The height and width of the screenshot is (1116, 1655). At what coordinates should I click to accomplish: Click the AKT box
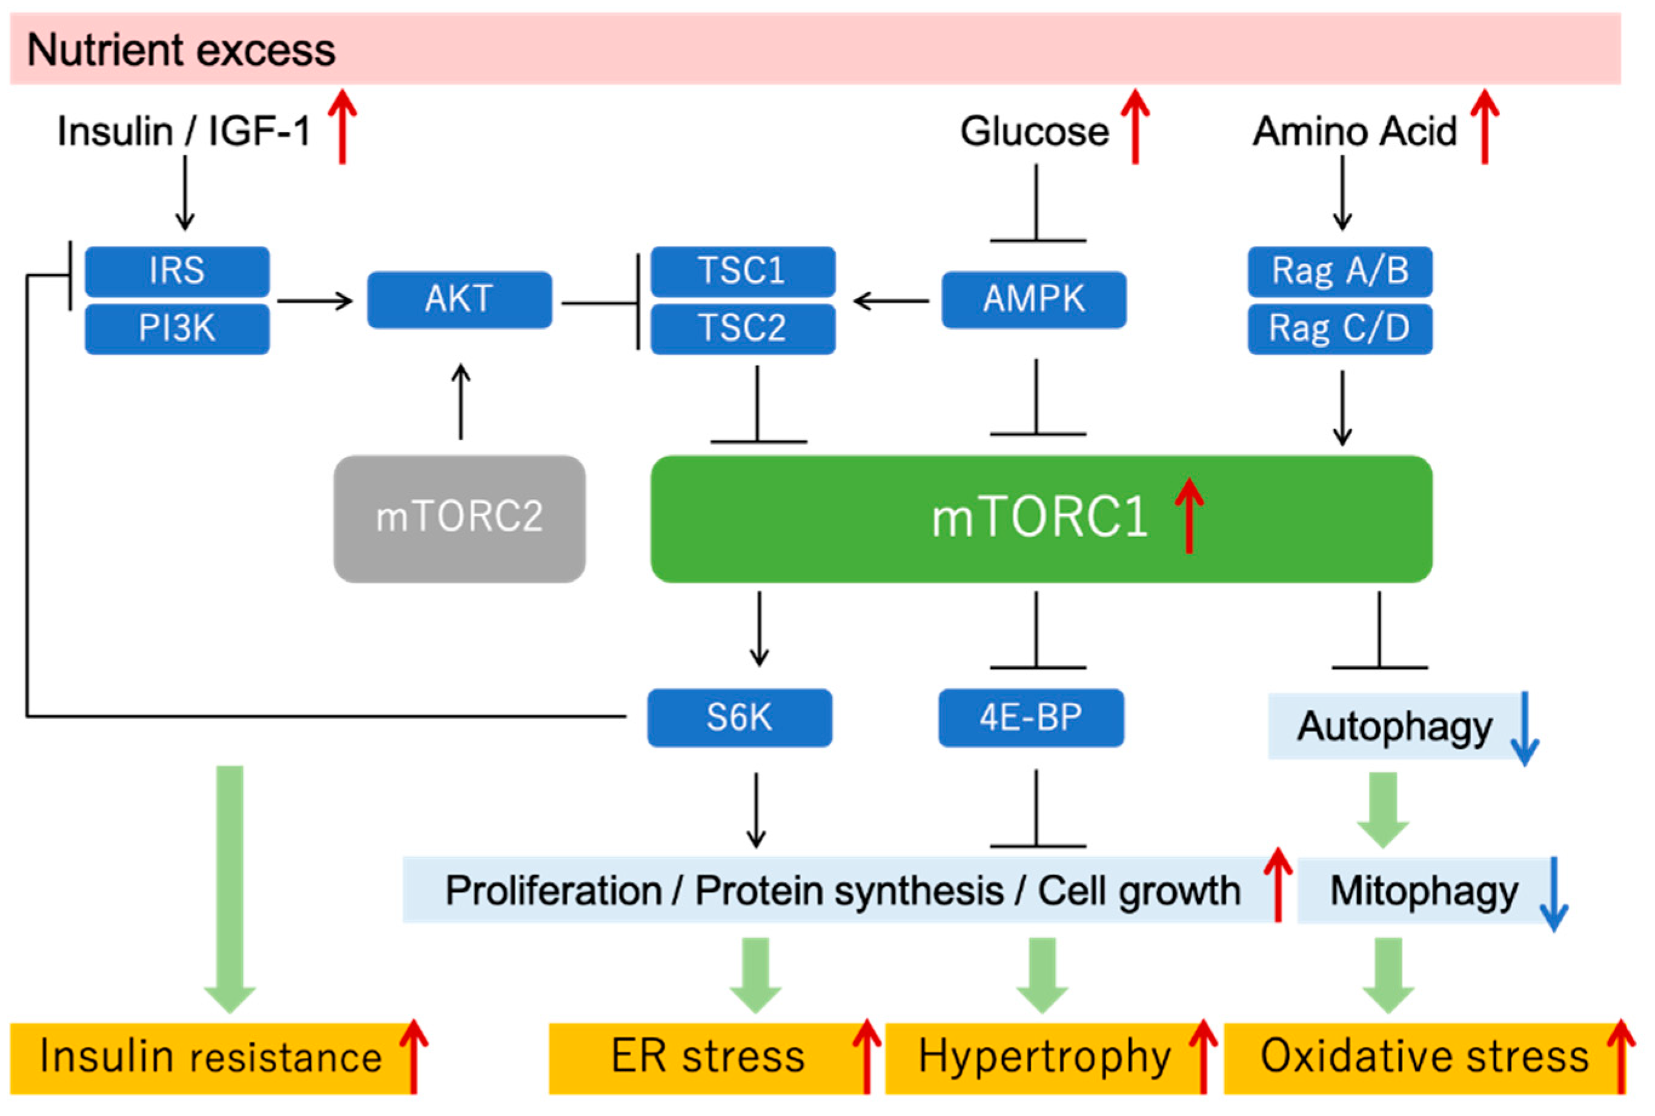(x=459, y=300)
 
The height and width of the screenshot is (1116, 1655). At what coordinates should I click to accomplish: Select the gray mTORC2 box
(x=459, y=518)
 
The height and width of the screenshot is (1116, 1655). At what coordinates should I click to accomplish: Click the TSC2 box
(x=742, y=329)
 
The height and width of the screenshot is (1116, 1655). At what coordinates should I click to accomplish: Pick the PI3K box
(x=176, y=329)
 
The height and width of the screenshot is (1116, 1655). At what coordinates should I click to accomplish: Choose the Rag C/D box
(x=1339, y=329)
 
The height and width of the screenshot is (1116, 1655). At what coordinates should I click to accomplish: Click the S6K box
(x=738, y=717)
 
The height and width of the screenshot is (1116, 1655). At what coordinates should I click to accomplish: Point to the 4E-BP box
(x=1030, y=717)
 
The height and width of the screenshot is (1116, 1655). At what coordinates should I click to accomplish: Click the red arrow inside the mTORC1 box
(x=1188, y=516)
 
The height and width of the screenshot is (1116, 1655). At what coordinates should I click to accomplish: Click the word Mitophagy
(x=1424, y=891)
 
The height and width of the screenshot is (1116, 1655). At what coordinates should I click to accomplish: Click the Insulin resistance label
(x=211, y=1057)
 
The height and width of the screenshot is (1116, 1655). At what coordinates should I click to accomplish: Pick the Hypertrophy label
(x=1044, y=1057)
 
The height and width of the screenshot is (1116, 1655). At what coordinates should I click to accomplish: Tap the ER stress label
(x=708, y=1057)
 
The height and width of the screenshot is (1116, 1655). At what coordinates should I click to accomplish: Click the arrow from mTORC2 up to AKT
(x=461, y=402)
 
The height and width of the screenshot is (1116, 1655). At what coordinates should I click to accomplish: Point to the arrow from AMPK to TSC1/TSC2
(x=891, y=301)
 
